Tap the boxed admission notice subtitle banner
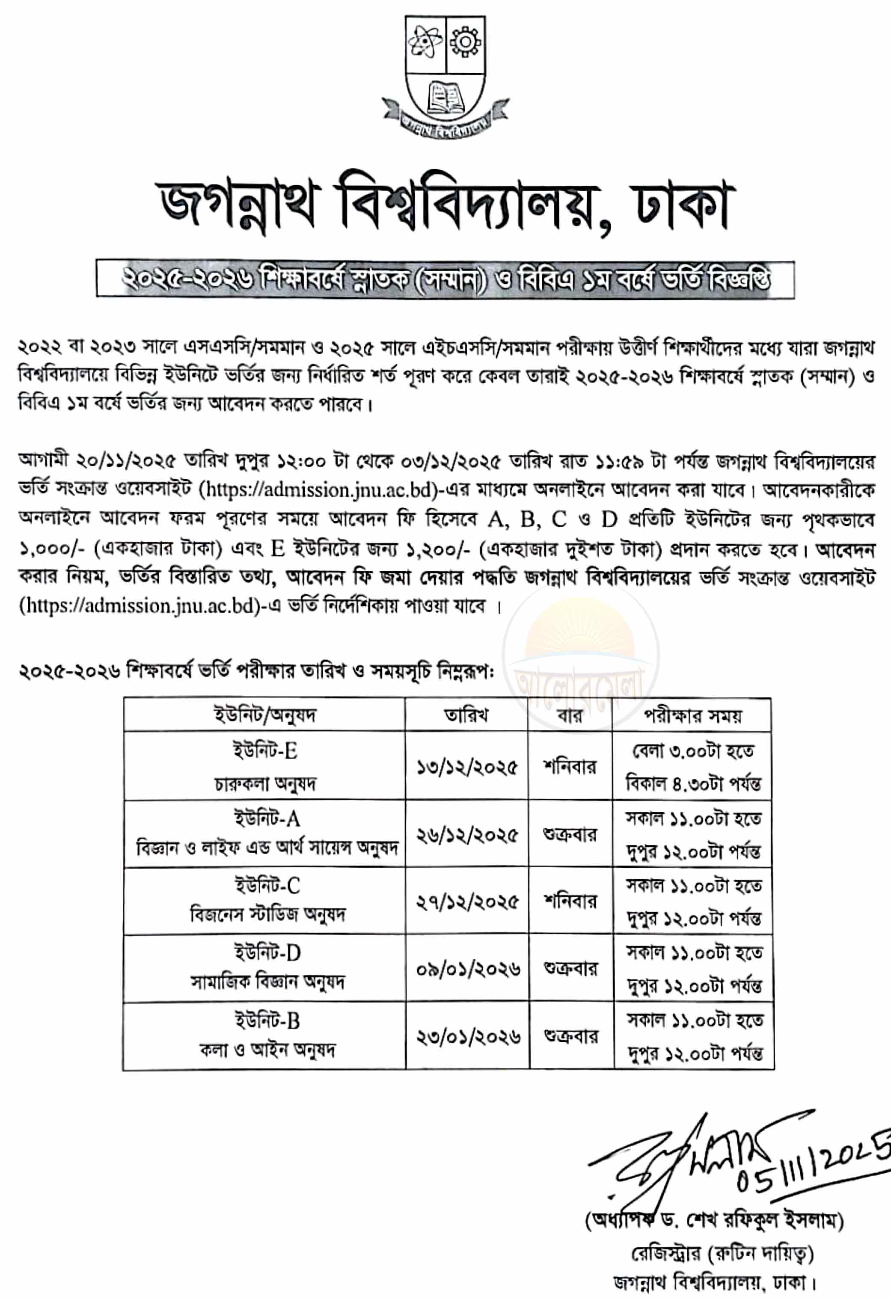[x=445, y=279]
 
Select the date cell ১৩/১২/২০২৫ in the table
[x=467, y=767]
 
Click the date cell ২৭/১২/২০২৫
[x=467, y=902]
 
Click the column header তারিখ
[x=466, y=715]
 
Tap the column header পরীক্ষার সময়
[x=692, y=715]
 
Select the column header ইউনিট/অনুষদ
[x=264, y=715]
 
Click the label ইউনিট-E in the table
[x=265, y=750]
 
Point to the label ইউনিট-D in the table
[x=267, y=952]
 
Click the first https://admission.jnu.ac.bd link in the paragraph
[x=321, y=490]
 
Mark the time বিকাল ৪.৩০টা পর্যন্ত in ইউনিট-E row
[x=693, y=784]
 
